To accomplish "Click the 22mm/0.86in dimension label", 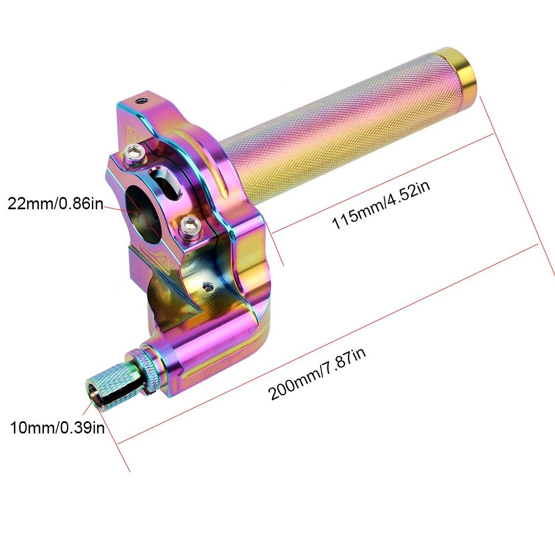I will [x=56, y=204].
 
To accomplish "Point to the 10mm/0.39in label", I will [x=57, y=428].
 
